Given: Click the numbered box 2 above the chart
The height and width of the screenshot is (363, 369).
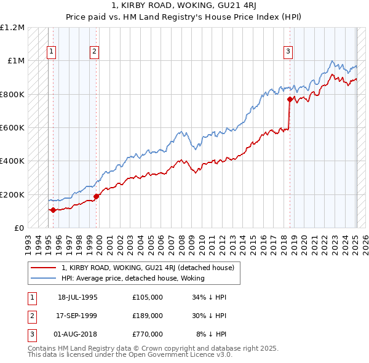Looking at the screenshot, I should pos(94,52).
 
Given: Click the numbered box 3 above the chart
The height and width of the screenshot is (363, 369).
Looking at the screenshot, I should pos(288,52).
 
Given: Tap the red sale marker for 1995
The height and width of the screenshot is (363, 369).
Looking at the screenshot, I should pos(53,210).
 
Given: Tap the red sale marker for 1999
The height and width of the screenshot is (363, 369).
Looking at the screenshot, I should pos(97,196).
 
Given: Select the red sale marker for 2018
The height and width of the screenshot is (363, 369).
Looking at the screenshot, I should pos(290,98).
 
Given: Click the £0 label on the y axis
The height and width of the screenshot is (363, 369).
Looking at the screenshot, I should pos(19,228).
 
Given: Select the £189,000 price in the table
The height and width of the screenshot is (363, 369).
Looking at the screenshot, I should pos(147,316).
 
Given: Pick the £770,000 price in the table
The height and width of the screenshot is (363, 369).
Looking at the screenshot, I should pos(147,334).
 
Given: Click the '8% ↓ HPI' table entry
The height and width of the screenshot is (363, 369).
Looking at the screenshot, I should pos(212,334).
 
